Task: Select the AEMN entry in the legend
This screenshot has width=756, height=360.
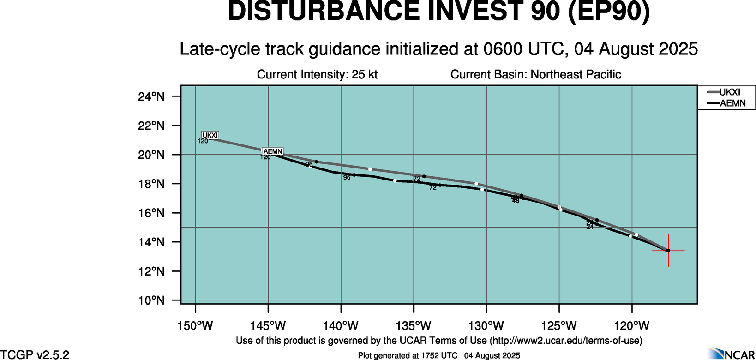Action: [x=732, y=103]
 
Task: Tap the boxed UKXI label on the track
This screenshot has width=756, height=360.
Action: [x=210, y=135]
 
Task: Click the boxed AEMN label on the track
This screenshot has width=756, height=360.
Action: [x=272, y=151]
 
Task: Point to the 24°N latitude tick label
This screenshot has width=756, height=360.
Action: [x=151, y=96]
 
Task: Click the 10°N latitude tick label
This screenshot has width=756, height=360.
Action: [x=151, y=301]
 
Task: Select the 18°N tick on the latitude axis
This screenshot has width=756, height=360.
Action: [x=151, y=184]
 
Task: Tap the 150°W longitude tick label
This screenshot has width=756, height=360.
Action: [x=195, y=326]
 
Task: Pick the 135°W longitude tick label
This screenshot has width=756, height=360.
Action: [x=414, y=326]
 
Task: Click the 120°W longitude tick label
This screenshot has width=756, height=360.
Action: [x=632, y=326]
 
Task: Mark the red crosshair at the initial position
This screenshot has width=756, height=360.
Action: [x=668, y=251]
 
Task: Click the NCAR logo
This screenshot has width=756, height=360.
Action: [x=731, y=354]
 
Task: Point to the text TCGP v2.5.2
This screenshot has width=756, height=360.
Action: [x=35, y=354]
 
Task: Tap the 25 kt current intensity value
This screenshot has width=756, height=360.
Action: [x=365, y=74]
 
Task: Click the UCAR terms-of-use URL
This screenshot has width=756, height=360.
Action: [x=566, y=341]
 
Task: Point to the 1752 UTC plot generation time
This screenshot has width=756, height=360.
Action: [x=439, y=355]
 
